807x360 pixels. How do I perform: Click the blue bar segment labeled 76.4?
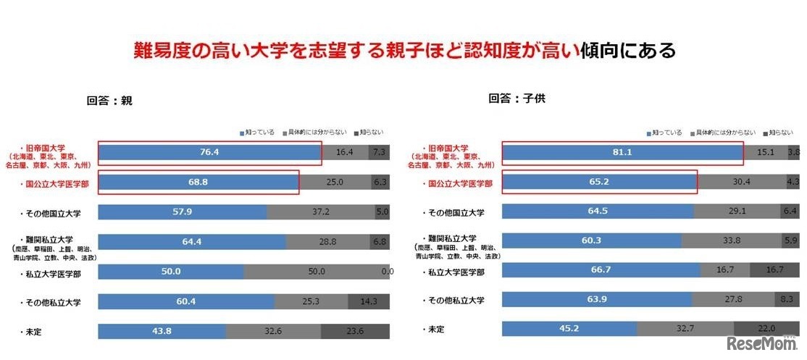coord(209,152)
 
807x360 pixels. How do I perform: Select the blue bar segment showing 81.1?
coord(622,152)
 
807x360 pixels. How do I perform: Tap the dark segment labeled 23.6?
coord(354,331)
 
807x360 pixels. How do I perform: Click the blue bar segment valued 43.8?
coord(162,331)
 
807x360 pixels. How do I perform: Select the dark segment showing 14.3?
coord(368,301)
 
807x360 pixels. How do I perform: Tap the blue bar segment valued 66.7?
coord(601,271)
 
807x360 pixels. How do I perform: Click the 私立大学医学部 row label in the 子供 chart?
coord(453,272)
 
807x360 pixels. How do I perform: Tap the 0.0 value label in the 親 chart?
coord(387,272)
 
